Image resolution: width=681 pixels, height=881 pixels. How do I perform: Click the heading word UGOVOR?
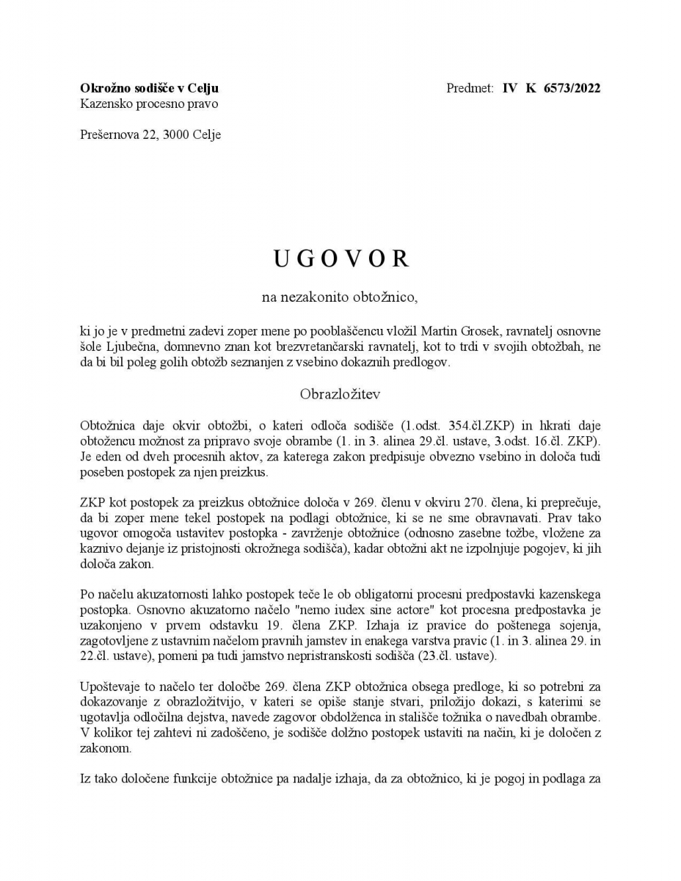341,258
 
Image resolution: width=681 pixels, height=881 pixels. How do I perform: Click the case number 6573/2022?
572,89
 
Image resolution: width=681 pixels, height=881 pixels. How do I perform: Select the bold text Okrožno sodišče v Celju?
150,89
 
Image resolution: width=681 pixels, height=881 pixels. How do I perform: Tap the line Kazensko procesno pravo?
149,104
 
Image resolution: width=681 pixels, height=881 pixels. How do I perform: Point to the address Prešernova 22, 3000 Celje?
150,134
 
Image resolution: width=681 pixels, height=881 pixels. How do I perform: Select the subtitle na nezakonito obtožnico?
340,297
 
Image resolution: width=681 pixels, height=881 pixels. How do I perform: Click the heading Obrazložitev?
340,394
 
